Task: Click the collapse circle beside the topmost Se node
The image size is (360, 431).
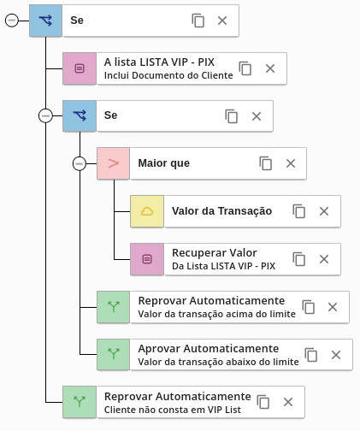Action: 12,21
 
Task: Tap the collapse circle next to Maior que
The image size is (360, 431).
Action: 80,163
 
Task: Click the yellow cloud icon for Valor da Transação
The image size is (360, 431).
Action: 147,211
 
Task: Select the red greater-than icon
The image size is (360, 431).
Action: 114,163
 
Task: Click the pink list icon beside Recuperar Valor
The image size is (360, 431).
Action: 147,259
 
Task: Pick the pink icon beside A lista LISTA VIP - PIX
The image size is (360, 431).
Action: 80,68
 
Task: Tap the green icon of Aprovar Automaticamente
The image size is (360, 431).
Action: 114,354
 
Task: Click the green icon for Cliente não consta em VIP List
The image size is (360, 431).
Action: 80,402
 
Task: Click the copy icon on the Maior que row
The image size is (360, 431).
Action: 266,163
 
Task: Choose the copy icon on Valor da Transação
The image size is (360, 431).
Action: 299,211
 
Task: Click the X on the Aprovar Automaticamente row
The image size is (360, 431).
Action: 336,355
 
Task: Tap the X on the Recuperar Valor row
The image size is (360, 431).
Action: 324,259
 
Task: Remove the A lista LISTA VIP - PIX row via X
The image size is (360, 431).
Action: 270,68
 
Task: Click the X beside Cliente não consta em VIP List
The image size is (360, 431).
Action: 288,402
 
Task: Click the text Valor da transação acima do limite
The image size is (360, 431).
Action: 217,314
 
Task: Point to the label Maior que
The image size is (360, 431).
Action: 164,163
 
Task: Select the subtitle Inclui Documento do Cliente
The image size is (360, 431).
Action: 168,75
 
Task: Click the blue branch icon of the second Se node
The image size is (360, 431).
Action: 80,115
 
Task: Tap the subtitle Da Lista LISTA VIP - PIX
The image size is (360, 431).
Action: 224,266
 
